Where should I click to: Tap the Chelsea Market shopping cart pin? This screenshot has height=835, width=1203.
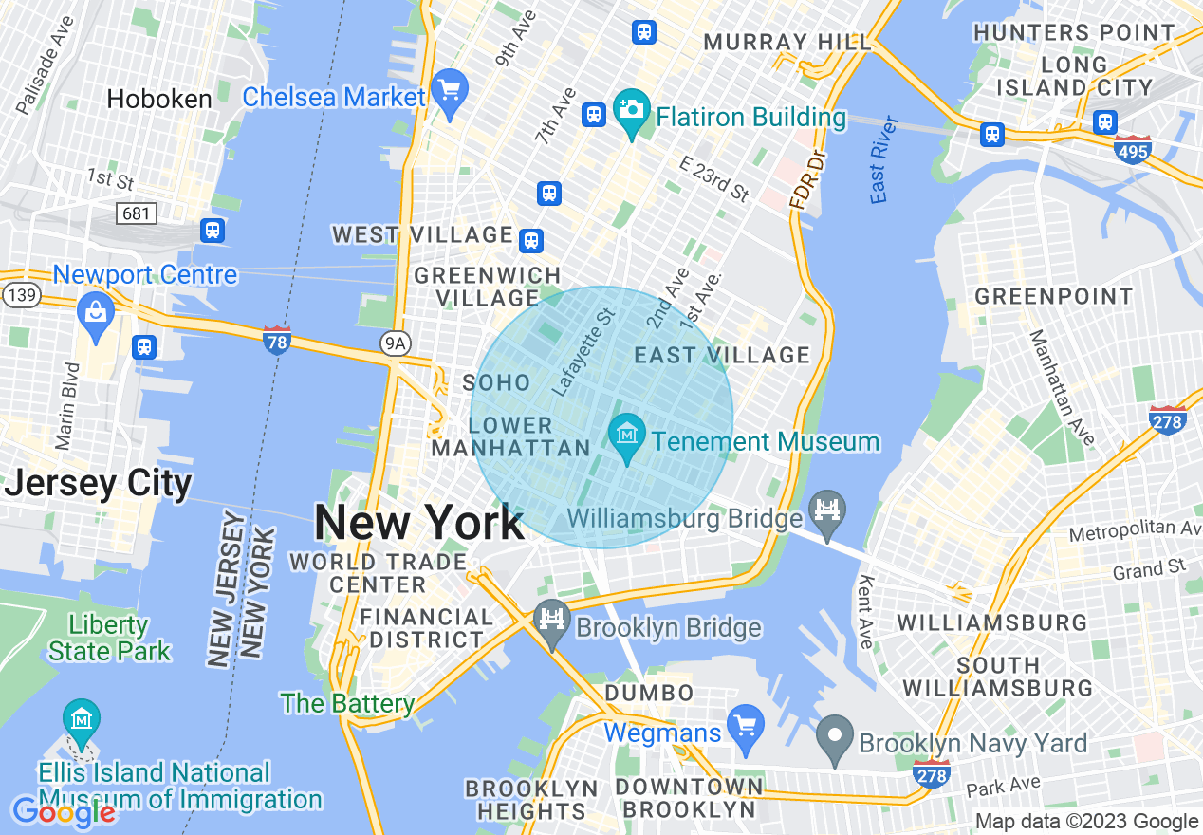pos(449,91)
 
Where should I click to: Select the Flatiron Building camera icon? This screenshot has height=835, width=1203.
pos(631,111)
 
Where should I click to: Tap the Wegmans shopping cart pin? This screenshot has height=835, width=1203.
pos(745,727)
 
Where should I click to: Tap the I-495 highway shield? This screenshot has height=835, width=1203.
pos(1134,149)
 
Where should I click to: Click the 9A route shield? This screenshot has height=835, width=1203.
pos(396,343)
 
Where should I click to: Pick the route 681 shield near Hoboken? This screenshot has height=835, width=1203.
pos(137,213)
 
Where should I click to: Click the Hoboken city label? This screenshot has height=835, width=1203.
pos(158,100)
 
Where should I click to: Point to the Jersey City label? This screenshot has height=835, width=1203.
pos(99,483)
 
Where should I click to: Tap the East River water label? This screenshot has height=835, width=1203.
pos(883,159)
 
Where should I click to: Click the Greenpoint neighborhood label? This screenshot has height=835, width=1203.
pos(1053,297)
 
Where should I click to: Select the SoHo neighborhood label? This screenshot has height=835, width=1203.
pos(496,382)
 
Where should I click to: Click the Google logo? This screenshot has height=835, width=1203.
pos(64,812)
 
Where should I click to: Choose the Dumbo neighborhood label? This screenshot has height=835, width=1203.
pos(650,694)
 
